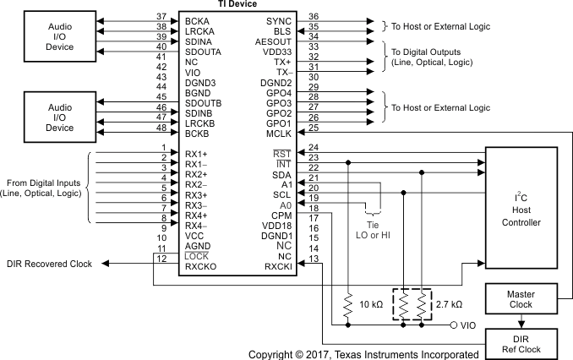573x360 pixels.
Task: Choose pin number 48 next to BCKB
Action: [x=161, y=128]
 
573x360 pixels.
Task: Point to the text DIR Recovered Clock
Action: [x=49, y=264]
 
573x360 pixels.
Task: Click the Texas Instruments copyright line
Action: [x=363, y=353]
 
